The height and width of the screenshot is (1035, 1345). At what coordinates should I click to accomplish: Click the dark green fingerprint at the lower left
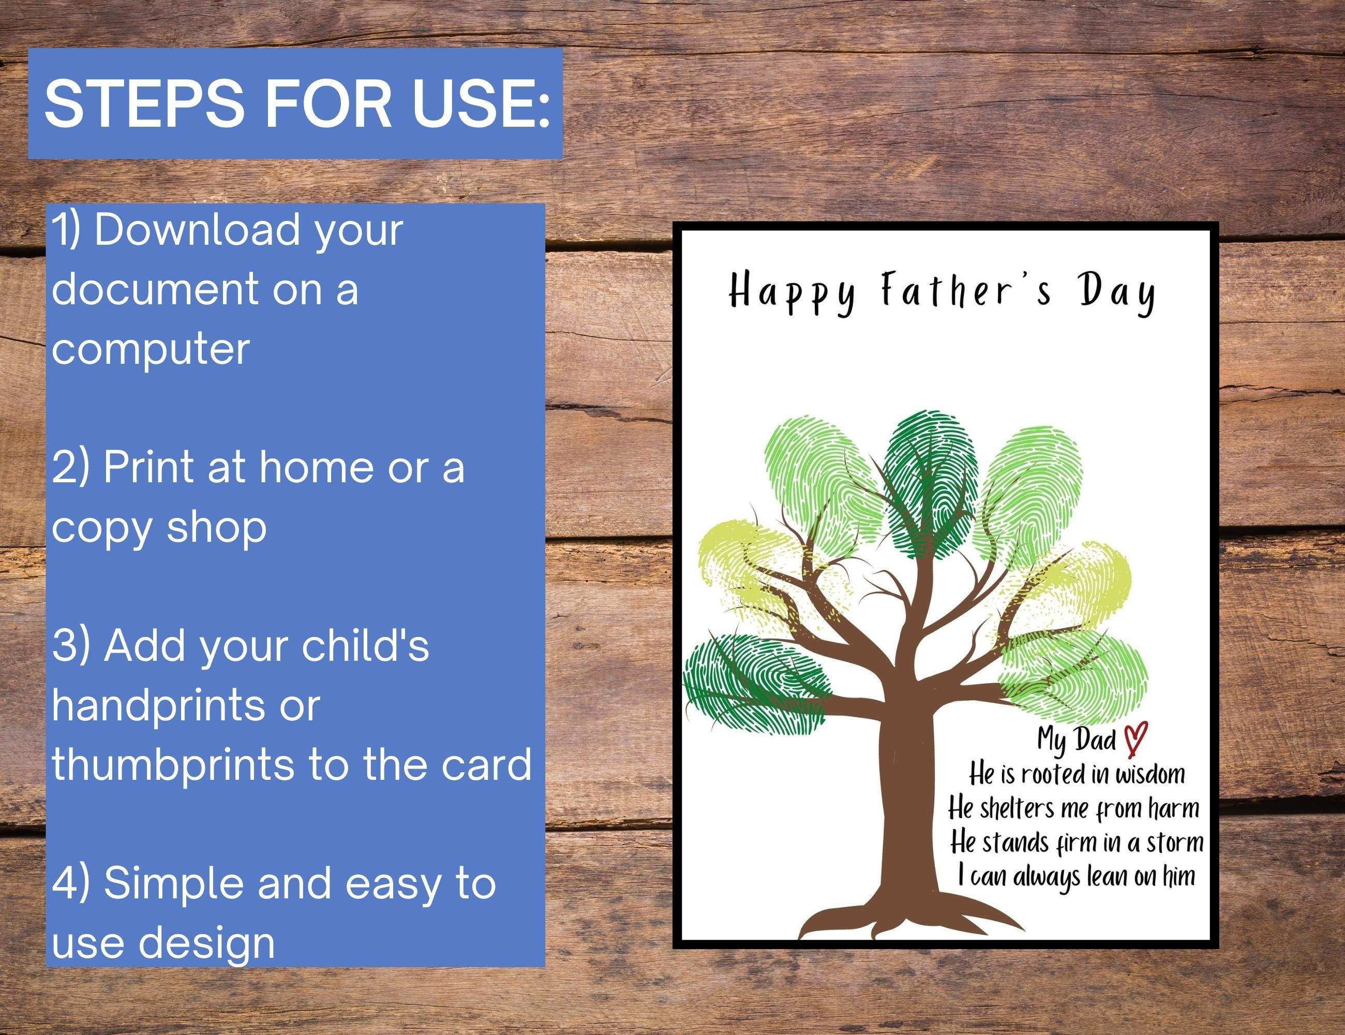click(x=751, y=687)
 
